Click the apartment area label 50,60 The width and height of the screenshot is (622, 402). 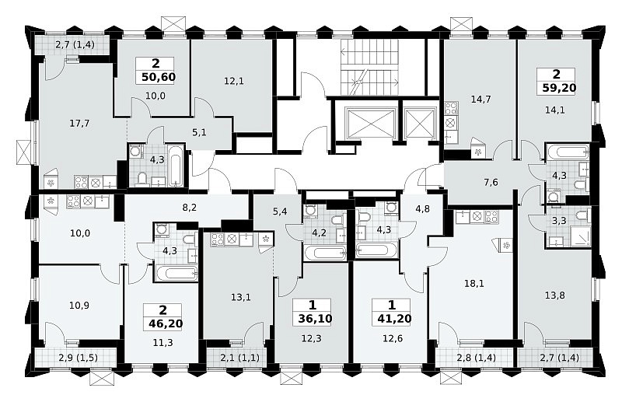pyautogui.click(x=159, y=77)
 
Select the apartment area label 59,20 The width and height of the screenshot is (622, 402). pyautogui.click(x=559, y=88)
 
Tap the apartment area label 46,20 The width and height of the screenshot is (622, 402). pyautogui.click(x=166, y=323)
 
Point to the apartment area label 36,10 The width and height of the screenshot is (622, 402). pyautogui.click(x=316, y=319)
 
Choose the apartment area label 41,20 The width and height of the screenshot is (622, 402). pyautogui.click(x=394, y=319)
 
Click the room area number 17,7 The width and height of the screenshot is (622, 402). pyautogui.click(x=79, y=124)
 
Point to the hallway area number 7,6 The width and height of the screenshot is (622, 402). pyautogui.click(x=491, y=183)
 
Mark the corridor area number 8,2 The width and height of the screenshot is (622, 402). pyautogui.click(x=190, y=208)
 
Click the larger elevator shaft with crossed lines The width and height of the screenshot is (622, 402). pyautogui.click(x=371, y=123)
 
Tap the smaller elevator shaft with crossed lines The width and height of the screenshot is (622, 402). pyautogui.click(x=420, y=124)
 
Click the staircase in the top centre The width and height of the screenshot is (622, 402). pyautogui.click(x=369, y=68)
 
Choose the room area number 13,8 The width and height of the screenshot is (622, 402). pyautogui.click(x=554, y=295)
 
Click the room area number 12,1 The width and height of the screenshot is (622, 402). pyautogui.click(x=234, y=82)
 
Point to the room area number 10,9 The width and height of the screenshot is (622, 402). pyautogui.click(x=79, y=306)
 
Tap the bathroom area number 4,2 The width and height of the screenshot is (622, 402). pyautogui.click(x=319, y=233)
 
